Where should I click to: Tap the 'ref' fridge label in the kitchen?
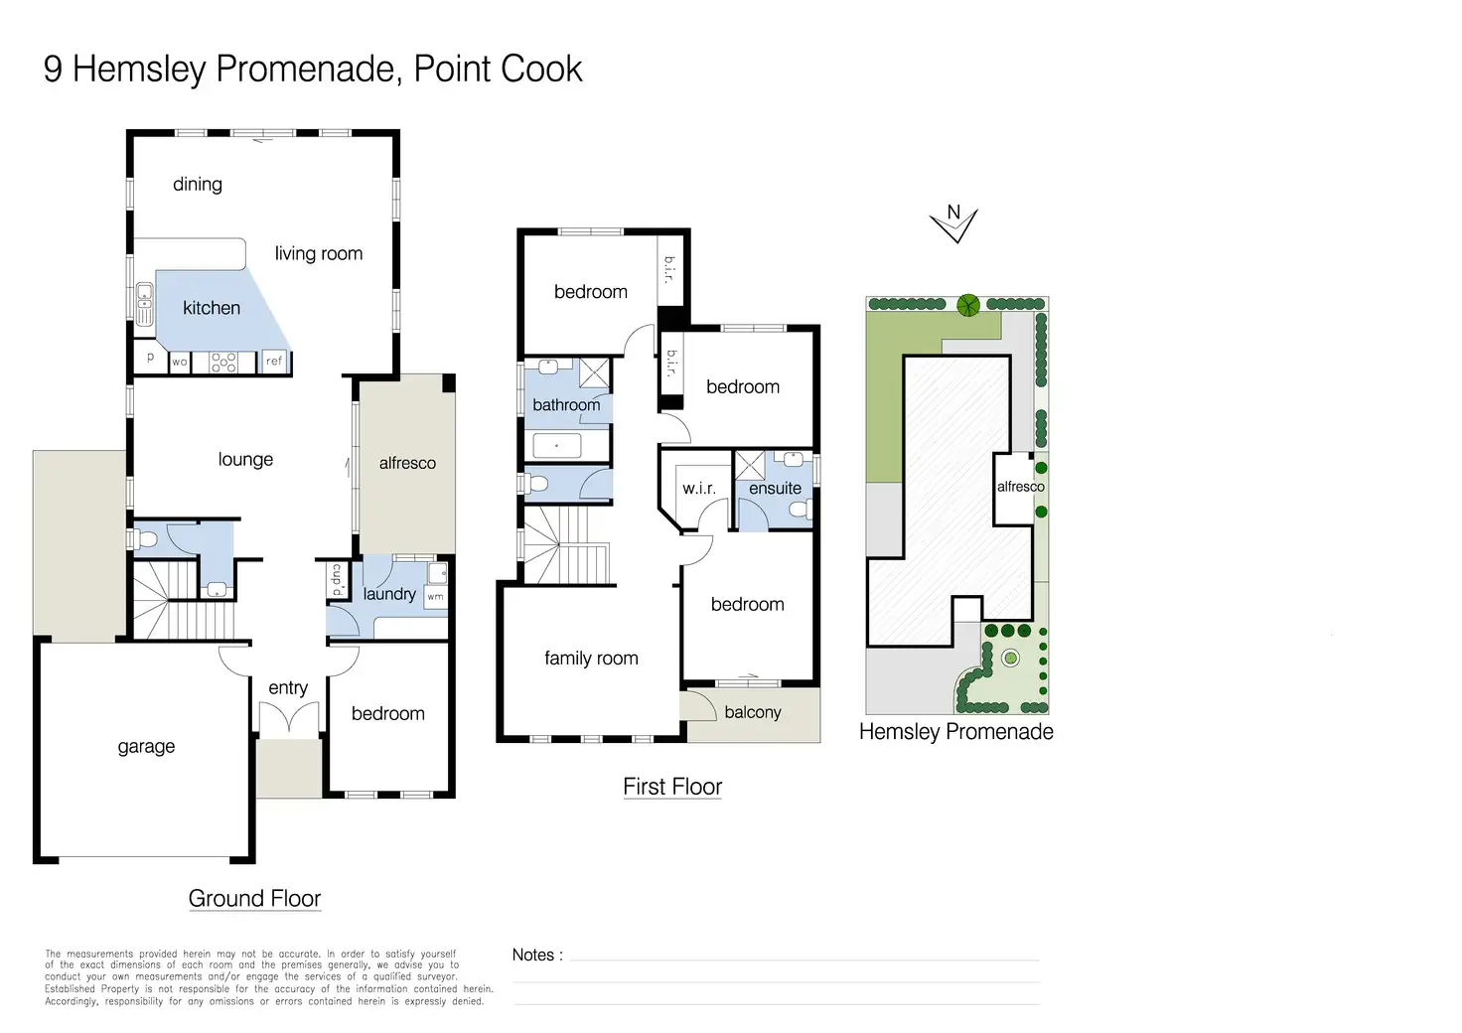[274, 361]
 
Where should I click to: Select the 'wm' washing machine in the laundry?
[435, 596]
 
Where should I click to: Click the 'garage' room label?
[146, 747]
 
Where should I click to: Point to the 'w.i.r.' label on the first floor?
[699, 488]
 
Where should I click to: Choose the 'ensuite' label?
[775, 488]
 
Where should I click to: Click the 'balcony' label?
[753, 712]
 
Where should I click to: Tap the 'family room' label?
[591, 658]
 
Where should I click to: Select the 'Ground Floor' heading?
[254, 899]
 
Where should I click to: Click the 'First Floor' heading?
[672, 787]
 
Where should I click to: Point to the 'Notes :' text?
[537, 955]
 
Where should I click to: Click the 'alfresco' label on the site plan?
[1021, 487]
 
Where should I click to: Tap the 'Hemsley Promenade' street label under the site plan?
[956, 731]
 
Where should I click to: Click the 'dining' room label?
[197, 185]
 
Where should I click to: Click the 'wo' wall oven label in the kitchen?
[180, 362]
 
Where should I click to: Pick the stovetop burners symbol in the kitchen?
[223, 363]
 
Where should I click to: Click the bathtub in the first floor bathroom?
[557, 446]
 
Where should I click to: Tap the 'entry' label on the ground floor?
[288, 687]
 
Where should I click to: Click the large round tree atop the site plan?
[968, 305]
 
